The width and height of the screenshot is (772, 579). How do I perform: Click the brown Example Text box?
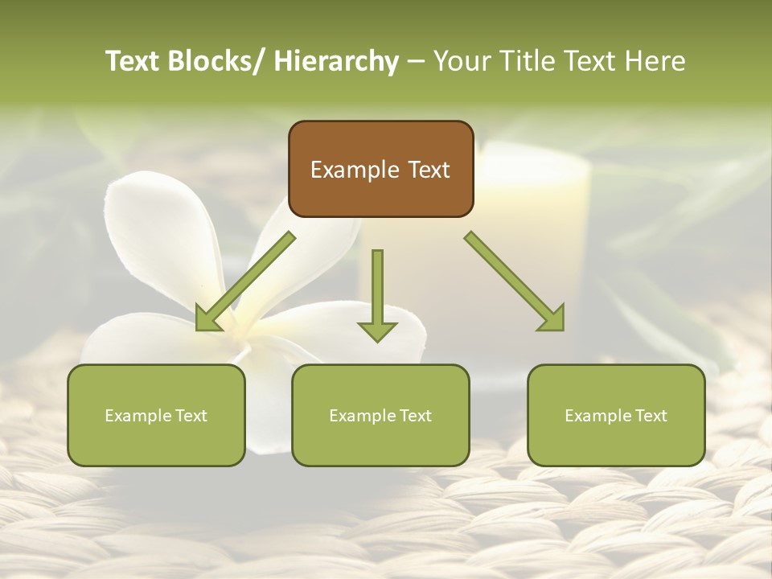(x=380, y=169)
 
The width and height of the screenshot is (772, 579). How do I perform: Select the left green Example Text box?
(x=156, y=415)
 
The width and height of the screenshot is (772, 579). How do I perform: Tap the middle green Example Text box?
(x=380, y=415)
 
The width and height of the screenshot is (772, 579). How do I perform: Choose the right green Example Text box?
(x=616, y=415)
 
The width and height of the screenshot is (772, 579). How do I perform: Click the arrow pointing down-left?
(x=245, y=281)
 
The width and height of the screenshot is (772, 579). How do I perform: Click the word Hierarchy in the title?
(x=336, y=62)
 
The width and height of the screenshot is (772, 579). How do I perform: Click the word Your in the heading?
(x=460, y=62)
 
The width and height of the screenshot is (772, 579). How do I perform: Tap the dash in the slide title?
(x=416, y=62)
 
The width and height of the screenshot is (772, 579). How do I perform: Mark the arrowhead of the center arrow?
(x=377, y=331)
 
